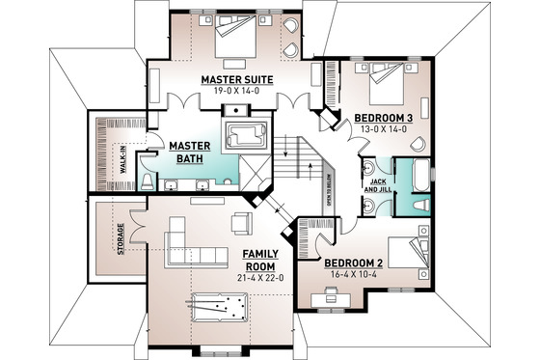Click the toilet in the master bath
click(146, 179)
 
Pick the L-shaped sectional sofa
click(193, 241)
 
